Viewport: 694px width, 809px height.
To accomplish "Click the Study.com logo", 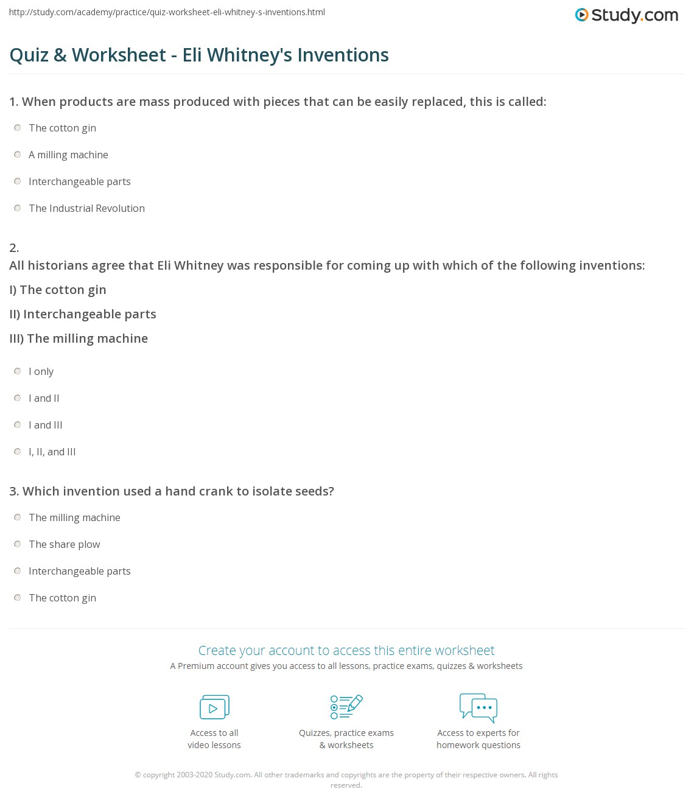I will (x=626, y=15).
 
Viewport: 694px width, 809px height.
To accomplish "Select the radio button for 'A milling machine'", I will (x=18, y=155).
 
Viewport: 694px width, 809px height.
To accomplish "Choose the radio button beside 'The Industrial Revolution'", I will (x=18, y=208).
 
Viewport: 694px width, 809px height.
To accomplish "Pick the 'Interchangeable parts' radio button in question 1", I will (x=18, y=181).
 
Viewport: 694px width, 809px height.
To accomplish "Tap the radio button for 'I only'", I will (x=18, y=371).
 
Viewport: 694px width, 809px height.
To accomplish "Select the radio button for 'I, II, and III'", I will (x=18, y=452).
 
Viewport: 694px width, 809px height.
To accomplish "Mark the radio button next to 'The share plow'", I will (x=18, y=544).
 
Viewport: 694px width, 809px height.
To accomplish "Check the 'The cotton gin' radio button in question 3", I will (x=18, y=598).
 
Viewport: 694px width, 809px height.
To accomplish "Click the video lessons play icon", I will (x=214, y=707).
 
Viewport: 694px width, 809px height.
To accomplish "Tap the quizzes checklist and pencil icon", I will (x=346, y=707).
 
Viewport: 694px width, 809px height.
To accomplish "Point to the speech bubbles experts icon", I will (x=478, y=707).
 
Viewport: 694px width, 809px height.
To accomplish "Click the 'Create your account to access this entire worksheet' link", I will (x=346, y=650).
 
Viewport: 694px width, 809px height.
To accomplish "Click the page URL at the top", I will (x=167, y=12).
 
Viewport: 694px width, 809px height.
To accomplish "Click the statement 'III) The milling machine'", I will (x=79, y=338).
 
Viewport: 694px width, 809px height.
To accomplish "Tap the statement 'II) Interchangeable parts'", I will (x=83, y=314).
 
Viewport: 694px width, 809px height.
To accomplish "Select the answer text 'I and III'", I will (x=46, y=425).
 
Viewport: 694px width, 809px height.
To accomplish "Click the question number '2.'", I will (x=14, y=248).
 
